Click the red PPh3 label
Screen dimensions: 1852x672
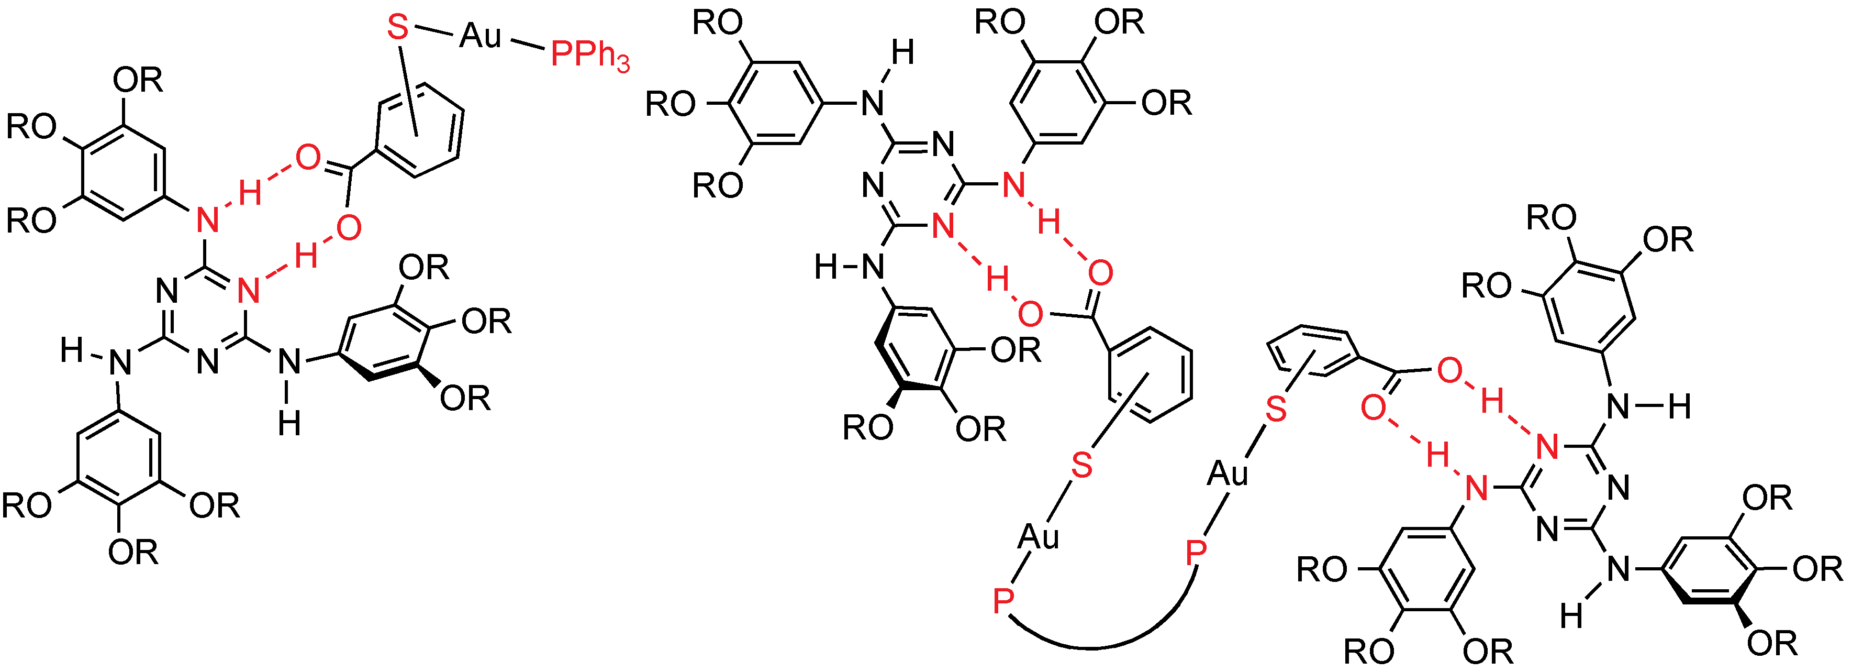[589, 54]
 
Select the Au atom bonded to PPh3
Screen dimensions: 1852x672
[480, 35]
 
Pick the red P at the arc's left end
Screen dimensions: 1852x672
[1003, 599]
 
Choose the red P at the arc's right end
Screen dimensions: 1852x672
[1196, 553]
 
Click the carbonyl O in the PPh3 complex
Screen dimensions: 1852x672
[308, 157]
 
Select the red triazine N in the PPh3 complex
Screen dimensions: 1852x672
[248, 291]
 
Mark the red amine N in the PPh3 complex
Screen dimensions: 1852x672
[207, 219]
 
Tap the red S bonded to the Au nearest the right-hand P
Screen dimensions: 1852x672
[1276, 409]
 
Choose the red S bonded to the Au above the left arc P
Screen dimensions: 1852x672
[1082, 465]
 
